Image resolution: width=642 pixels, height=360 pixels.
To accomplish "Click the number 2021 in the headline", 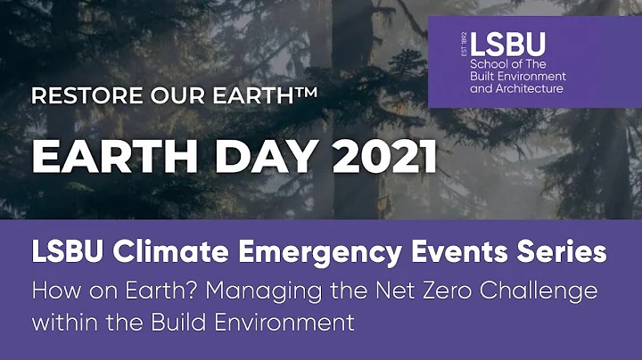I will [x=377, y=157].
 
